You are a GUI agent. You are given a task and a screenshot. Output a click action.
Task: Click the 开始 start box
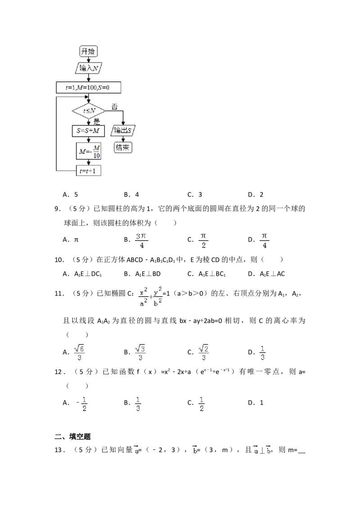coord(89,51)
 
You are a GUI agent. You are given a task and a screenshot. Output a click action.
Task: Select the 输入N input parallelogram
coord(89,68)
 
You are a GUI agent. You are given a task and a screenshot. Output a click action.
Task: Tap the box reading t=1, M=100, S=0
coord(89,87)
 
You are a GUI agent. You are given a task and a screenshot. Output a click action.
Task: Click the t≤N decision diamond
coord(89,110)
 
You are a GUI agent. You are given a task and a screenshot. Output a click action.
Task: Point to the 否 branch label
coord(114,107)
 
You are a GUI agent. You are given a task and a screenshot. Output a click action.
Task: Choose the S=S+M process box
coord(89,130)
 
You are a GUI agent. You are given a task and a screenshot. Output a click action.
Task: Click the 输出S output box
coord(124,130)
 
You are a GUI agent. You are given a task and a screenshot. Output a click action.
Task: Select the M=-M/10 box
coord(89,151)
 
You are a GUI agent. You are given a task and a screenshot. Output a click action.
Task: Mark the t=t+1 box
coord(89,171)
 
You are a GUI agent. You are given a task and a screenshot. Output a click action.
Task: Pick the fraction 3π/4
coord(142,241)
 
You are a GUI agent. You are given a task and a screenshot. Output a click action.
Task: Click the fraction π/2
coord(203,241)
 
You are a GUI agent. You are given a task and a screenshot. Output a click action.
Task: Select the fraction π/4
coord(265,241)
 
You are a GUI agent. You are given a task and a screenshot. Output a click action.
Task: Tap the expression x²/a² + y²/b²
coord(151,297)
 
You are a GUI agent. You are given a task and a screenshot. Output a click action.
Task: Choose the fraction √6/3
coord(79,353)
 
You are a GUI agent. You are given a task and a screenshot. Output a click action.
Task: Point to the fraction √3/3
coord(141,353)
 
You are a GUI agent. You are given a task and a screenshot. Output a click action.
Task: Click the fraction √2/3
coord(205,353)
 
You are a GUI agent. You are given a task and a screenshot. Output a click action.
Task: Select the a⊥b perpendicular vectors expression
coord(263,450)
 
